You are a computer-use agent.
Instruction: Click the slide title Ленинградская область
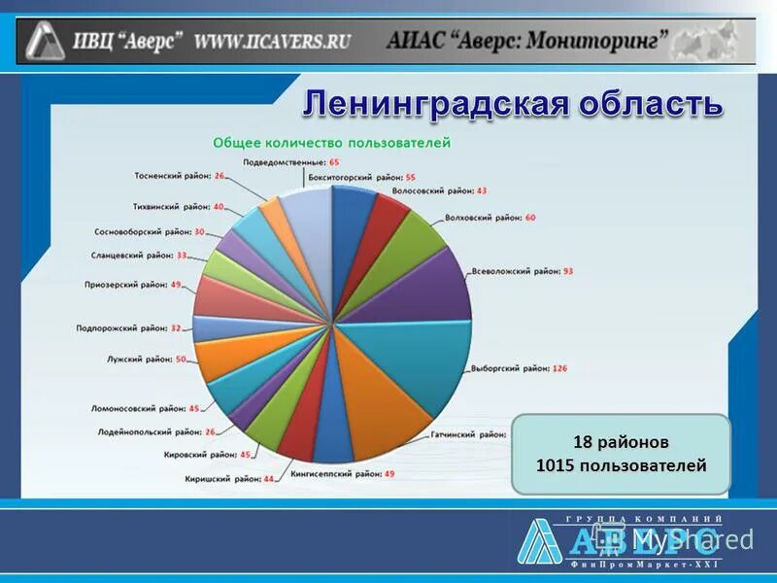coord(513,103)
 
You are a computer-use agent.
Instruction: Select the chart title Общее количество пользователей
coord(332,143)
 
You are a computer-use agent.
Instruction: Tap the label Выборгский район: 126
coord(518,369)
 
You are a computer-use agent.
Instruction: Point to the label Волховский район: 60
coord(490,218)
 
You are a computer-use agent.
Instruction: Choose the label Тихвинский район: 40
coord(178,207)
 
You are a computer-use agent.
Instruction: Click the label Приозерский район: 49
coord(133,285)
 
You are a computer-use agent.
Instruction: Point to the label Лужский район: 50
coord(146,359)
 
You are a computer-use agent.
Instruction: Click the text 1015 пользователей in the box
coord(621,466)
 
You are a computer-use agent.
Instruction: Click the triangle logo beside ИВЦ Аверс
coord(45,41)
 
